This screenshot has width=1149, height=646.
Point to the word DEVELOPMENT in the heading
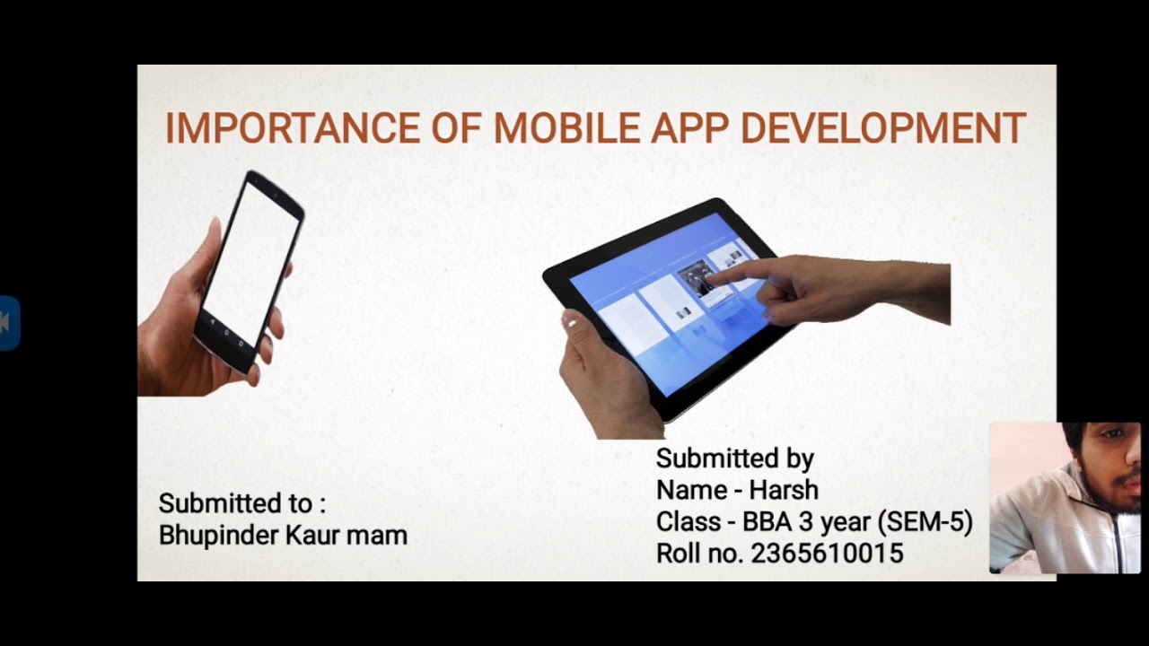(882, 129)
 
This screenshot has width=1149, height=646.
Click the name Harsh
(784, 491)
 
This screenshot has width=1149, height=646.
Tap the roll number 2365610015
(827, 554)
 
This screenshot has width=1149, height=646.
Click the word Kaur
(311, 536)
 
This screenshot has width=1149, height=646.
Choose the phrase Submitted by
(734, 458)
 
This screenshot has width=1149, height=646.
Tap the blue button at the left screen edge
(8, 322)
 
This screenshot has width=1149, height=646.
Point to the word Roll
(678, 554)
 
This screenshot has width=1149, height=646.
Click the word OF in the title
(456, 129)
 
